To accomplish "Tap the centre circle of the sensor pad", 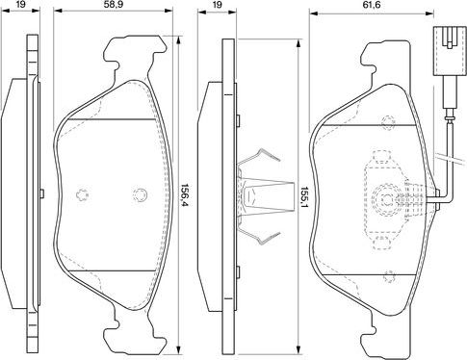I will coord(388,199).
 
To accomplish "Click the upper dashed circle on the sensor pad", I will coord(388,121).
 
